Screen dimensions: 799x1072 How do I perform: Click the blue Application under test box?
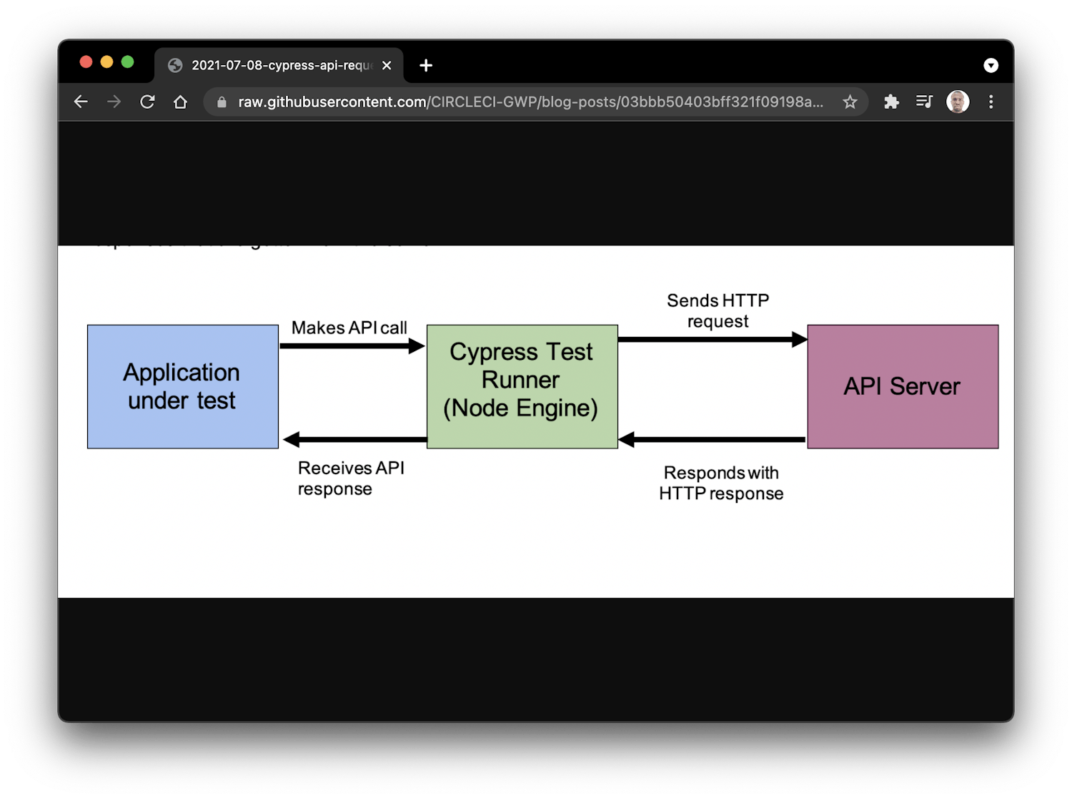[182, 386]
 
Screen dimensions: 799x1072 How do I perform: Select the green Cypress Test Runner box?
[522, 386]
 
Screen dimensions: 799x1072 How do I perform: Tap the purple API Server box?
[902, 386]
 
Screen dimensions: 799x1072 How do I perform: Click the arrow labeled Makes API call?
[352, 346]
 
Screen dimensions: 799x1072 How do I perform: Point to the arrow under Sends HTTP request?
[712, 340]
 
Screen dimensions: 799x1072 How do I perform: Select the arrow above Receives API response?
[355, 439]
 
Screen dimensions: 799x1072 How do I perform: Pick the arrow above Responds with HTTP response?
[712, 439]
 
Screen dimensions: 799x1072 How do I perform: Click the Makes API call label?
[349, 328]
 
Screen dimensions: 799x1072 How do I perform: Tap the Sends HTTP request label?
[718, 310]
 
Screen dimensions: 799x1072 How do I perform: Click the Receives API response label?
[350, 478]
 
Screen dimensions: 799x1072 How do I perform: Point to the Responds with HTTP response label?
[720, 483]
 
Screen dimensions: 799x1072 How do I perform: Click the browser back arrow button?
[81, 102]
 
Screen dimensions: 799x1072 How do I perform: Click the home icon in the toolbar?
[180, 102]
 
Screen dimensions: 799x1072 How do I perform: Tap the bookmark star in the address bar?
[849, 102]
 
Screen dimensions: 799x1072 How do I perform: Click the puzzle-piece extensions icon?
[890, 102]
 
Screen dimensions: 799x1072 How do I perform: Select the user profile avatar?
[957, 102]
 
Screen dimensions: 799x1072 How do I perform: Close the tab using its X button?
[387, 65]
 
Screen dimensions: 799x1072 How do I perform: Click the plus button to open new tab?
[426, 65]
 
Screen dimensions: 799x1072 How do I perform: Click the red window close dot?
[86, 62]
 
